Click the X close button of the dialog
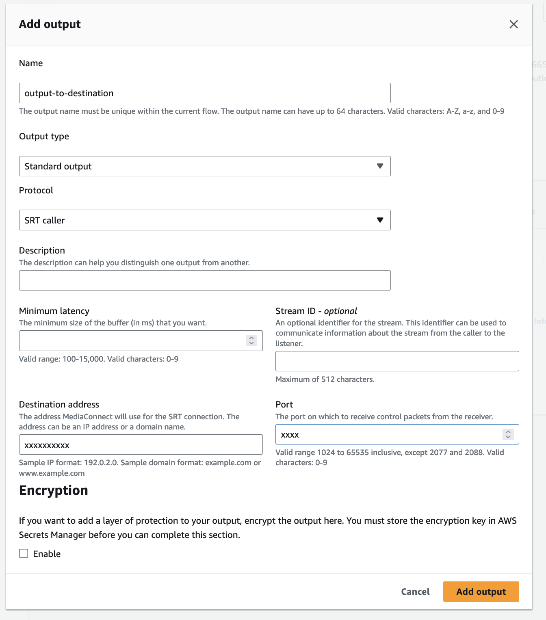tap(513, 24)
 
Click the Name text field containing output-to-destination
tap(204, 93)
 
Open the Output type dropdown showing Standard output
tap(204, 166)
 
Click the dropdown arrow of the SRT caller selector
tap(380, 220)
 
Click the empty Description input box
tap(204, 280)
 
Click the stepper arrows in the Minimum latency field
tap(251, 340)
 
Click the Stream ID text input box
tap(397, 361)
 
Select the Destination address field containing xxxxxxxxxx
tap(141, 445)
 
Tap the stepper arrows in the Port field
tap(508, 434)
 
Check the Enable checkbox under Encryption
tap(24, 553)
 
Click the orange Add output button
tap(481, 592)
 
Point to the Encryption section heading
tap(54, 490)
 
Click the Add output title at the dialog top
tap(50, 24)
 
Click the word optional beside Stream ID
tap(340, 311)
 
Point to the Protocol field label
tap(36, 191)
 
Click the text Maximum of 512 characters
tap(325, 379)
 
